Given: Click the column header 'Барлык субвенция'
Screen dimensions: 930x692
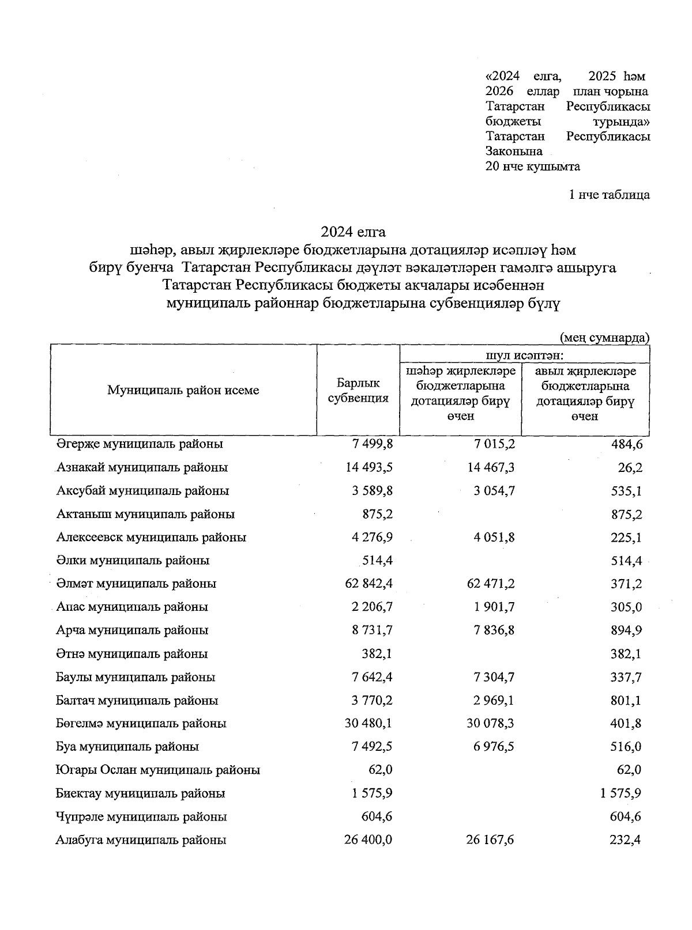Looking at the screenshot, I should click(x=358, y=391).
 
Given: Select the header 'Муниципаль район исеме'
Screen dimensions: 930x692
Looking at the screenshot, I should click(x=183, y=390).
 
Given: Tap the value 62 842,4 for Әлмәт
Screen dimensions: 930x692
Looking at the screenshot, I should click(x=368, y=584).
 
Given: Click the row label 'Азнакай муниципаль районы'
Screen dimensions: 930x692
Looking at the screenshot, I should click(x=142, y=467).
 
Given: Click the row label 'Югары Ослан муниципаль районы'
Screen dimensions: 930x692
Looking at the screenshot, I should click(x=157, y=770).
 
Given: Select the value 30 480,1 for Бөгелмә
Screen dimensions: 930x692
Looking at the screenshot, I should click(x=368, y=724).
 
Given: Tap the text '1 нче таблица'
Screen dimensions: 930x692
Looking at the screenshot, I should click(x=609, y=195).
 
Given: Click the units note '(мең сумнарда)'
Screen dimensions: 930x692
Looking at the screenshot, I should click(x=605, y=338).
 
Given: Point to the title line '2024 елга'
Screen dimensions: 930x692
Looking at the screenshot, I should click(x=353, y=232).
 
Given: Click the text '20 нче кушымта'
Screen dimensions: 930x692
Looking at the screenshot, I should click(x=533, y=167).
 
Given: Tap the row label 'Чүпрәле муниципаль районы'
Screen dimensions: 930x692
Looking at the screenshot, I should click(x=141, y=816).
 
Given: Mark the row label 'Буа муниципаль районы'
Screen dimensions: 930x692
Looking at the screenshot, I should click(x=127, y=747).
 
